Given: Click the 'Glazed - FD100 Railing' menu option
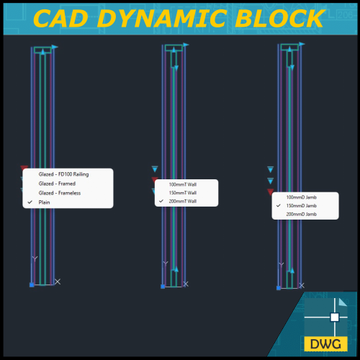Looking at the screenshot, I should click(x=68, y=175).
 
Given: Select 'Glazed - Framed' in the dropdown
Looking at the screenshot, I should click(x=57, y=184).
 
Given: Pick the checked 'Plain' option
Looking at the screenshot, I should click(x=45, y=202).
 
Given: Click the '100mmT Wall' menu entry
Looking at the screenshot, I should click(x=182, y=184).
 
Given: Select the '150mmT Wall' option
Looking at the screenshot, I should click(x=182, y=193).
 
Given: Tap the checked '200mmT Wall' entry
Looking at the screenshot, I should click(x=182, y=202).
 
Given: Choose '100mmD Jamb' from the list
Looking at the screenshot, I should click(x=301, y=197).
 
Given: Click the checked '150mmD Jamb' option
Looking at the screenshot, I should click(x=301, y=206).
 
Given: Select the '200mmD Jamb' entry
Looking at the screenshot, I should click(x=301, y=215).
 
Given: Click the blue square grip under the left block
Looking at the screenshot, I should click(x=32, y=285).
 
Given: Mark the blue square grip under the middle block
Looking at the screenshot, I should click(x=163, y=286).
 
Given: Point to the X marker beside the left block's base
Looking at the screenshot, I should click(x=58, y=282).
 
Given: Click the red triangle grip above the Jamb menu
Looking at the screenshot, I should click(x=271, y=192).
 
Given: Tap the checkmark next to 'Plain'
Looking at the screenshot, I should click(x=30, y=202).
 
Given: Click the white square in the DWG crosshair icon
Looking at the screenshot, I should click(x=334, y=317).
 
